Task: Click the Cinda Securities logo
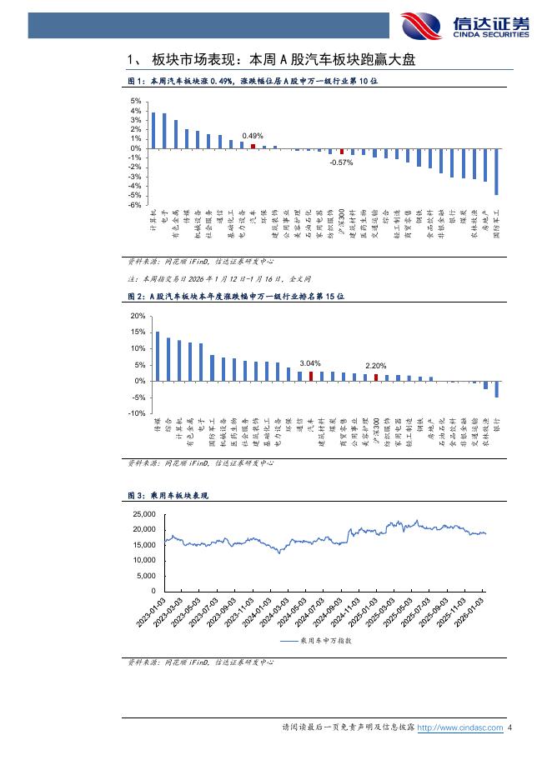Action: click(x=464, y=25)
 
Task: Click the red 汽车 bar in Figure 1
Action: click(x=253, y=146)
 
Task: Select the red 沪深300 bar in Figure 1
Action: click(x=342, y=152)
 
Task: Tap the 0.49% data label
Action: click(x=253, y=135)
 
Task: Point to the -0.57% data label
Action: click(x=342, y=162)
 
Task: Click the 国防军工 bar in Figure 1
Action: click(x=497, y=172)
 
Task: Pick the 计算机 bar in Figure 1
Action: click(x=153, y=130)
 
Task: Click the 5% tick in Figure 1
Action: click(x=135, y=102)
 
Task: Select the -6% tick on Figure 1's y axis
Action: click(x=135, y=205)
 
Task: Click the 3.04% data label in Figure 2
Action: click(x=310, y=363)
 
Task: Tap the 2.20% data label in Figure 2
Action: click(x=376, y=366)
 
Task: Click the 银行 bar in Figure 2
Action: click(x=497, y=389)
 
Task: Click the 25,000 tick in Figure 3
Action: click(x=143, y=513)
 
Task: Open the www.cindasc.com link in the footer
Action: click(x=459, y=727)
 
